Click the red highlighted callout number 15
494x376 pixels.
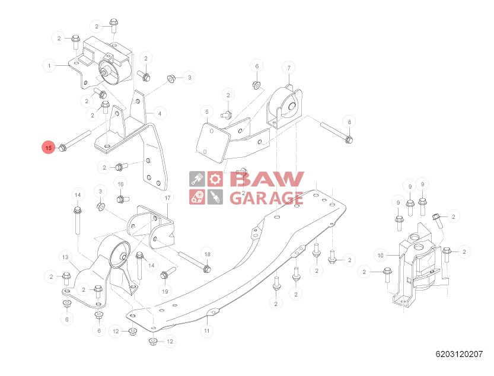tap(49, 147)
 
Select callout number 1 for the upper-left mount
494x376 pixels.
tap(49, 65)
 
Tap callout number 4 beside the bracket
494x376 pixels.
tap(158, 112)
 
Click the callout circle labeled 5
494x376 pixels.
tap(207, 111)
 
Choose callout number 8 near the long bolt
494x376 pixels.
tap(349, 122)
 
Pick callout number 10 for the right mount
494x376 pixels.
tap(380, 256)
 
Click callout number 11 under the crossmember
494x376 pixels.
tap(206, 331)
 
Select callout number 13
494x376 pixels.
tap(65, 257)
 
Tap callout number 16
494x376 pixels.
tap(120, 184)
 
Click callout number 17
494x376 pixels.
tap(168, 197)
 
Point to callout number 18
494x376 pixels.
tap(207, 254)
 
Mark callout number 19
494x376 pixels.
tap(165, 291)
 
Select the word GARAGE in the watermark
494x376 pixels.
tap(266, 197)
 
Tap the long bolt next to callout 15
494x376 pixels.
tap(76, 141)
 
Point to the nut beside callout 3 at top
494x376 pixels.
tap(171, 78)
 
